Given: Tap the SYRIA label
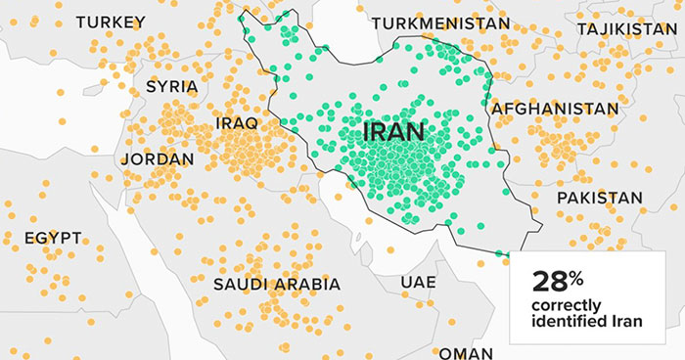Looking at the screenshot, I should click(x=171, y=86).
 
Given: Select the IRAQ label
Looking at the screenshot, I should click(x=236, y=123).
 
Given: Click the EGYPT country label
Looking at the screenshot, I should click(x=53, y=238).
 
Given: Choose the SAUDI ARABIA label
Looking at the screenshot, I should click(x=277, y=285).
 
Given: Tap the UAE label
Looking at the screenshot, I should click(x=418, y=282).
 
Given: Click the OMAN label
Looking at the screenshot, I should click(x=466, y=352).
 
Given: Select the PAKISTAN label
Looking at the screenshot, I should click(x=599, y=198).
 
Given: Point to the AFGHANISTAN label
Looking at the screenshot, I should click(x=555, y=108).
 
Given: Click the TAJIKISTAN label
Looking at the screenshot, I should click(x=626, y=29).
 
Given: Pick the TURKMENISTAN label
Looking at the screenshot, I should click(x=440, y=22).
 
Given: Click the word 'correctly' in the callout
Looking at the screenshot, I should click(x=563, y=304).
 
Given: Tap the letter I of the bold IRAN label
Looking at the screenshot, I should click(x=367, y=131).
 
